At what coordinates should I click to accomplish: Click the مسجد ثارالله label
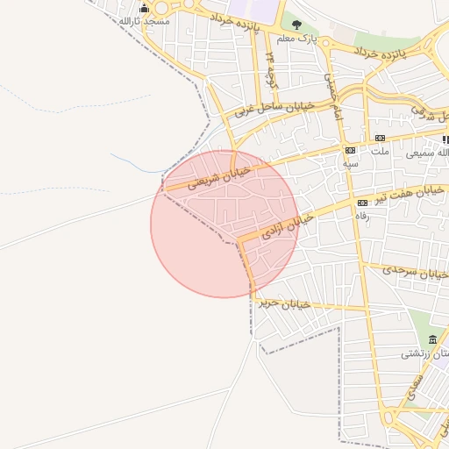140,20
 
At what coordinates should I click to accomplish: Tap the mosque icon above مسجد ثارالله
145,8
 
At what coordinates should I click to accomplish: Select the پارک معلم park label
294,39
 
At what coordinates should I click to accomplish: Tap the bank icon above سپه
351,151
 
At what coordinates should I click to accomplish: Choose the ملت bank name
380,151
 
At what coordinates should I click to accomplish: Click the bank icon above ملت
380,138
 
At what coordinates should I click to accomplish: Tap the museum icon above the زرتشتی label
431,339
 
